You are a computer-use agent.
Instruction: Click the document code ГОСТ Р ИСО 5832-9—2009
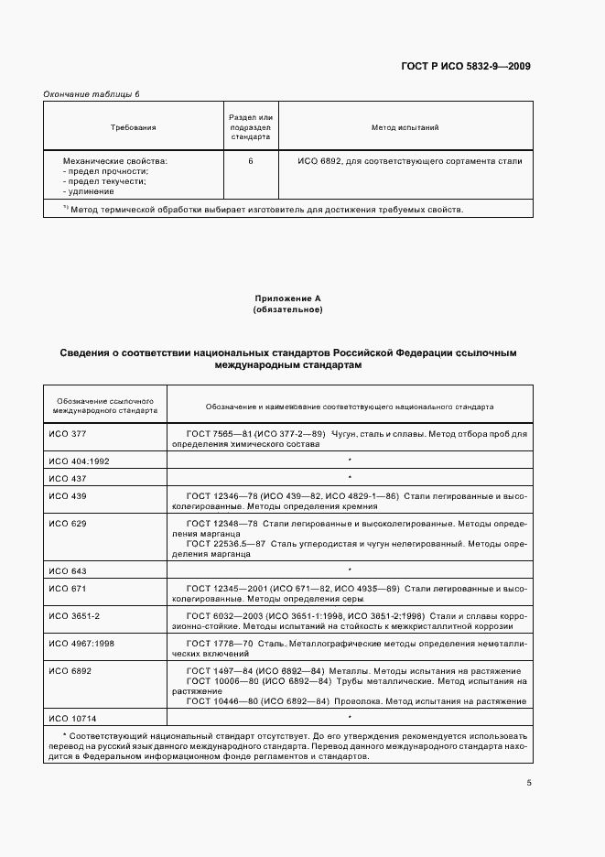tap(466, 66)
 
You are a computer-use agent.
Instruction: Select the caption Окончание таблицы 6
tap(92, 94)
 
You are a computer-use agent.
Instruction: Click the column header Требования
tap(134, 127)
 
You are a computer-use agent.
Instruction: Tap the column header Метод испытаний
tap(405, 127)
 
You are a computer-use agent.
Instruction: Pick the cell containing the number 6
tap(251, 161)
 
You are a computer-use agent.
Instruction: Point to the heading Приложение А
tap(287, 298)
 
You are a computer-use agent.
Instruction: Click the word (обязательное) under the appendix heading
tap(287, 309)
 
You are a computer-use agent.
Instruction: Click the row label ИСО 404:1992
tap(79, 461)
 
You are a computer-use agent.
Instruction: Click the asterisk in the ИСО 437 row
tap(350, 478)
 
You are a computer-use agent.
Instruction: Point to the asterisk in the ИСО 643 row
tap(350, 570)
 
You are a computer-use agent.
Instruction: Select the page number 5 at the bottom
tap(528, 782)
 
